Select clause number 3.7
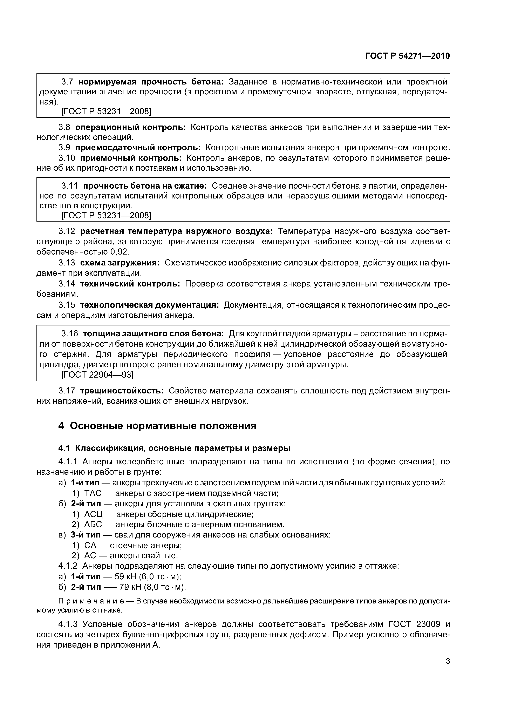pyautogui.click(x=67, y=82)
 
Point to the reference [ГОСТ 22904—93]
pyautogui.click(x=97, y=374)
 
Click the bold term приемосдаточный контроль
pyautogui.click(x=138, y=148)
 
